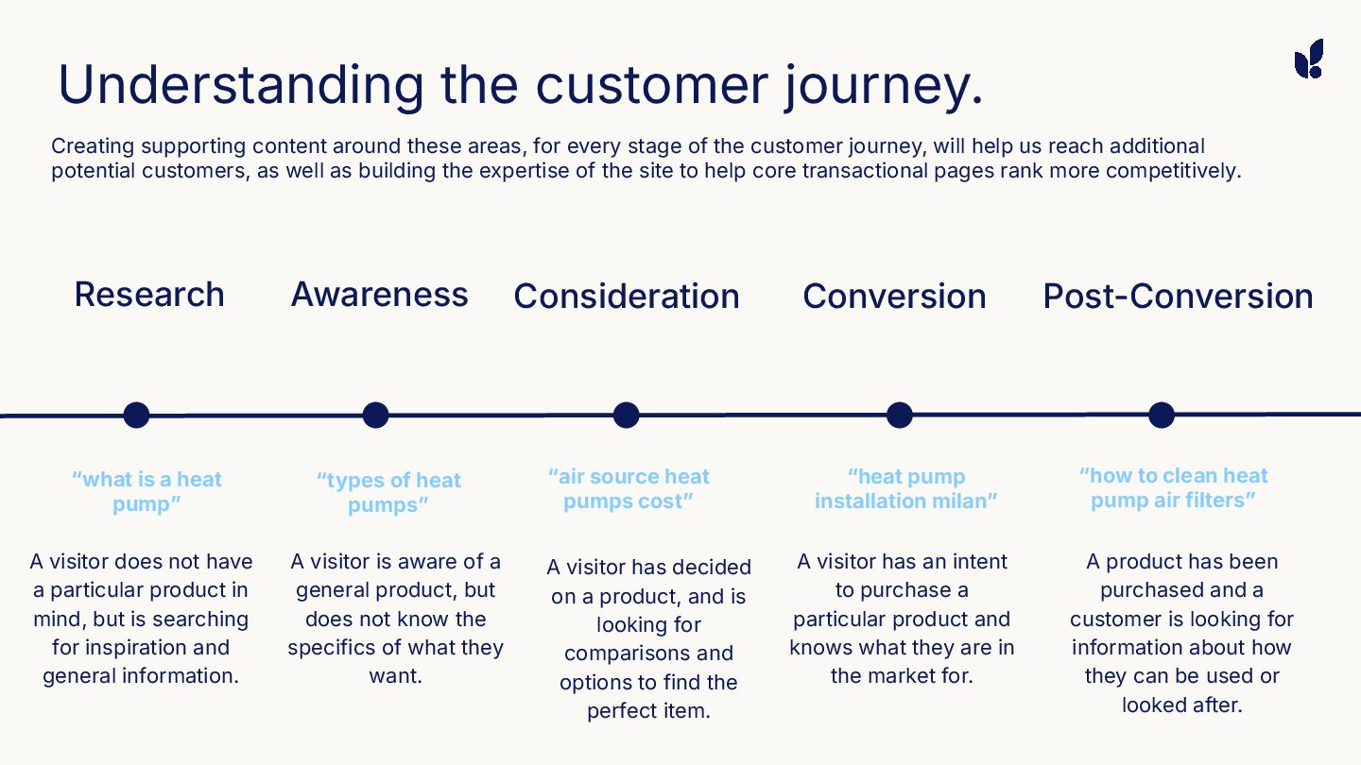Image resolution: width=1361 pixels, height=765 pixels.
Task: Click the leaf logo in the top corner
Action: pos(1309,59)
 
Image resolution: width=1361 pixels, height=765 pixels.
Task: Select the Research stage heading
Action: pos(149,295)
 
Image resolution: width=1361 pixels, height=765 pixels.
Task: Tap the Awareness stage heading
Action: pos(379,295)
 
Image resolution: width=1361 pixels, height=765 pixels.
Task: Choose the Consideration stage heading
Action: pos(626,297)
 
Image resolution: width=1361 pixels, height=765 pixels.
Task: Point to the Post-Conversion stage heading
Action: pos(1178,297)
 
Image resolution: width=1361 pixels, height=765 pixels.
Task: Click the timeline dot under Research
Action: pos(137,415)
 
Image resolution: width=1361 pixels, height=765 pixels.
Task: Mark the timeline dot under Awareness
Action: pos(376,415)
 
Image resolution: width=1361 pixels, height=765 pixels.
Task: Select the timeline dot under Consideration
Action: pos(626,415)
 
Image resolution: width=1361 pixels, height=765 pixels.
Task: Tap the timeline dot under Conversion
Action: pos(899,415)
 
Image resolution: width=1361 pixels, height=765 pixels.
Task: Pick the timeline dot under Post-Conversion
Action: pos(1161,415)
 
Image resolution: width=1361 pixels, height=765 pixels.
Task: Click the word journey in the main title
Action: pos(884,85)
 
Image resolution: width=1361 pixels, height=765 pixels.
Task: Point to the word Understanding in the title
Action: pos(241,85)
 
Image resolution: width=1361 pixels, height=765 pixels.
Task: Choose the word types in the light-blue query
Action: pos(355,481)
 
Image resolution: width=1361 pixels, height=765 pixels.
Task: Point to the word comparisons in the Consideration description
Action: pos(648,654)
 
